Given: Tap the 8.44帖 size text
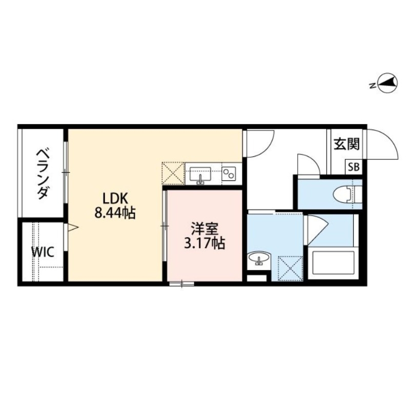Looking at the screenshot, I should (x=115, y=213).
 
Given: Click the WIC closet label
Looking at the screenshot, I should (x=41, y=252).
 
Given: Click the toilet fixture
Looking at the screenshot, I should (x=344, y=194).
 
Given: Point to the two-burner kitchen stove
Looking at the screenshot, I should (x=229, y=173).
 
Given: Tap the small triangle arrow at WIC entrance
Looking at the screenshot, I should (x=73, y=227).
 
